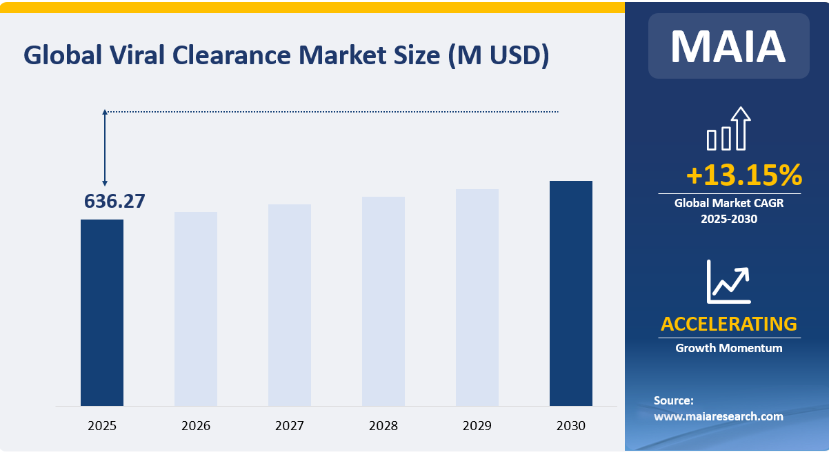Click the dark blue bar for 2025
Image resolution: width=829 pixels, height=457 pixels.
102,312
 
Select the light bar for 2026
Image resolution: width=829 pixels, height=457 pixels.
196,309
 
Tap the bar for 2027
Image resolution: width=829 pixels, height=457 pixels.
290,304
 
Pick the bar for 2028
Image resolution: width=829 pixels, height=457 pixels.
383,301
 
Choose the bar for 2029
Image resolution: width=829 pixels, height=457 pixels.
477,297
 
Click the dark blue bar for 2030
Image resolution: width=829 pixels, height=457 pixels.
571,293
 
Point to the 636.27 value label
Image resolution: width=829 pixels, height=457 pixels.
114,201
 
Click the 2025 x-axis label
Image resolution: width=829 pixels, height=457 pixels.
102,426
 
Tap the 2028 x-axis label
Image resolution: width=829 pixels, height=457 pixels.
383,426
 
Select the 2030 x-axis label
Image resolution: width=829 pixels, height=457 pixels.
571,426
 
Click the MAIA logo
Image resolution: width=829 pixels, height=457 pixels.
728,46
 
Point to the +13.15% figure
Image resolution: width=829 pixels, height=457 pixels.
744,176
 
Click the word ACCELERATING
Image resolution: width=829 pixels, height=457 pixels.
729,324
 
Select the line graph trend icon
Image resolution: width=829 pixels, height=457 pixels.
728,282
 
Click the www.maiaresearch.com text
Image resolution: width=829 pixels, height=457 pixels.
719,416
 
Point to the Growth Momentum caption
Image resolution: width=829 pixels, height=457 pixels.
729,348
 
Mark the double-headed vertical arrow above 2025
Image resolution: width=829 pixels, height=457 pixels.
105,147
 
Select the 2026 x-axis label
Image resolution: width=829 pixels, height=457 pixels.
196,426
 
